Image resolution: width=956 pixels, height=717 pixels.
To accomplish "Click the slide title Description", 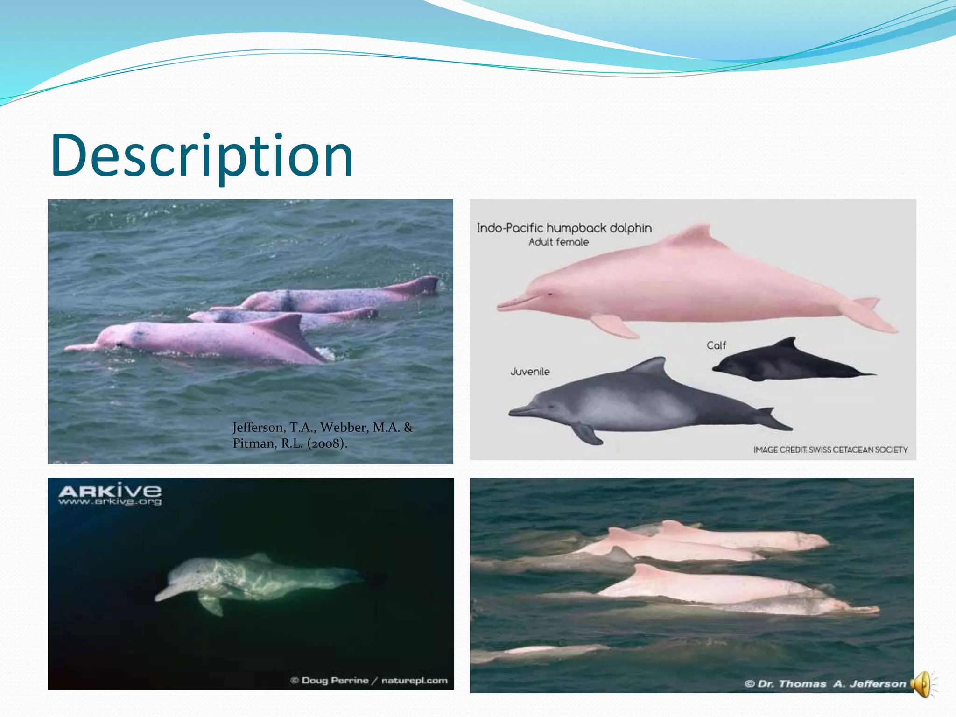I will point(202,156).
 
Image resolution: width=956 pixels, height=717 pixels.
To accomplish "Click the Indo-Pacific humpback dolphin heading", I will point(564,228).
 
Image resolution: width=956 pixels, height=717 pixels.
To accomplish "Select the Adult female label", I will point(558,242).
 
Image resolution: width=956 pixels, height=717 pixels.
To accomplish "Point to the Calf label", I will point(716,345).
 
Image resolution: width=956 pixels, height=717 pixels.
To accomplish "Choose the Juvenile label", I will point(530,372).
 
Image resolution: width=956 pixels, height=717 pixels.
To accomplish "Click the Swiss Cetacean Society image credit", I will point(830,450).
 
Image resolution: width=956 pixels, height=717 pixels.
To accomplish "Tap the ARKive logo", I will point(110,491).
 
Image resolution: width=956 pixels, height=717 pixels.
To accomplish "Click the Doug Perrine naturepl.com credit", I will point(369,680).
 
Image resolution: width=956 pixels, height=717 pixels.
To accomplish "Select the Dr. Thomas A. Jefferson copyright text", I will point(825,684).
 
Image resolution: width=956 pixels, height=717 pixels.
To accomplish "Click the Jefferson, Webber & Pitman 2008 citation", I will point(322,435).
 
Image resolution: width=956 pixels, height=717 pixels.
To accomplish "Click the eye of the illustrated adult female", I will point(550,294).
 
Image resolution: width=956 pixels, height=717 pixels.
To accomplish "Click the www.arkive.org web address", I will point(110,502).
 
